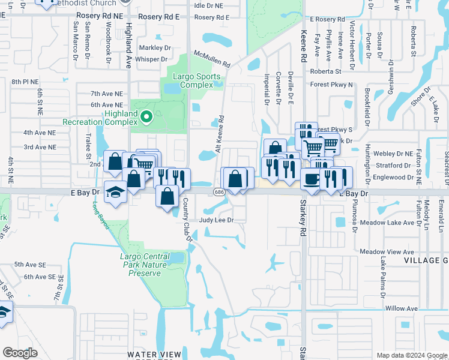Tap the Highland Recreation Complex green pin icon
point(144,115)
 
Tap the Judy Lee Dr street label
point(216,220)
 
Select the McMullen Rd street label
point(211,59)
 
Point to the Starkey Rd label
point(303,215)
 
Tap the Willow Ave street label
point(402,308)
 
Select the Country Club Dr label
point(187,220)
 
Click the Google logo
point(20,353)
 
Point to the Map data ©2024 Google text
point(411,355)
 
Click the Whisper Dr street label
point(151,59)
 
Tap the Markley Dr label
point(155,47)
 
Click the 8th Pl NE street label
point(25,82)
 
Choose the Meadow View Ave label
point(387,251)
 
